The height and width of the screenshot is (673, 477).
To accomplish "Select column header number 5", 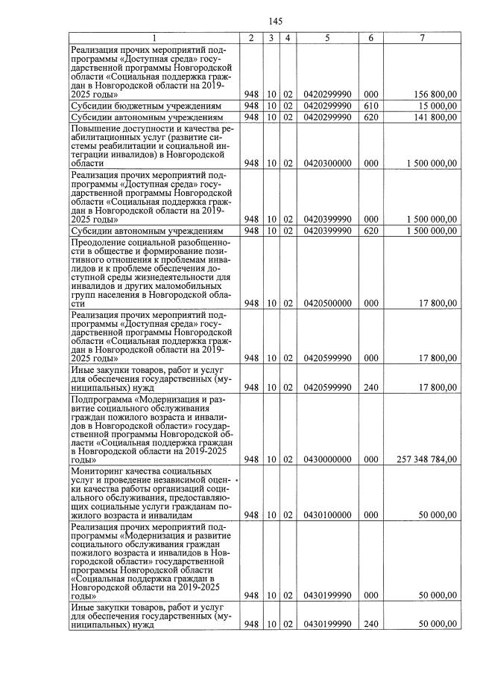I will click(x=327, y=37).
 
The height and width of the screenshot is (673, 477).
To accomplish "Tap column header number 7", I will click(x=423, y=37).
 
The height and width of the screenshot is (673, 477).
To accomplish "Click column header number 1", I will click(x=154, y=37).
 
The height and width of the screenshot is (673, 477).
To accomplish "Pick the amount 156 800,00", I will click(x=436, y=95).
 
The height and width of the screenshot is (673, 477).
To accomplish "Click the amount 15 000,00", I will click(x=438, y=106).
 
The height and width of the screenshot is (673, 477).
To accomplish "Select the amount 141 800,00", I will click(x=436, y=117).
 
